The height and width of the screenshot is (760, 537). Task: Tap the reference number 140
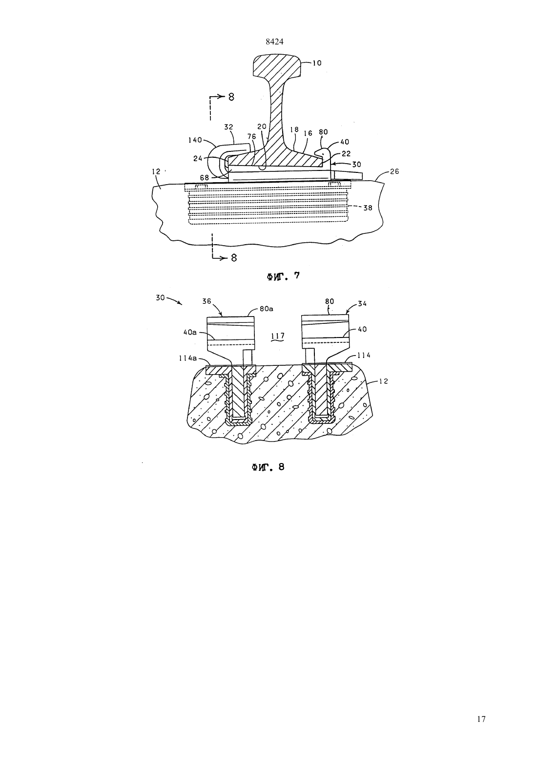[x=195, y=140]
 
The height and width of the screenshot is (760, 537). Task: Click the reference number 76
[x=251, y=136]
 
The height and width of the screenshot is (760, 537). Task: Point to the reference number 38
[x=368, y=208]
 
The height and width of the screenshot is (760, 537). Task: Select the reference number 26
[x=394, y=171]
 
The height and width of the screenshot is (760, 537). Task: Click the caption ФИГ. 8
[x=268, y=467]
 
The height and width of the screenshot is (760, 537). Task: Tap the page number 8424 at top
[x=274, y=42]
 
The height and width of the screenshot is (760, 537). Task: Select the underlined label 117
[x=278, y=336]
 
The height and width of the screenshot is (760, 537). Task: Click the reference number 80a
[x=267, y=309]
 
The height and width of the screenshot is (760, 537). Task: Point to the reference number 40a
[x=190, y=333]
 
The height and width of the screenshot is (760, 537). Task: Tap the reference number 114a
[x=188, y=359]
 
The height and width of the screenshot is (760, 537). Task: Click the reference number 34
[x=362, y=304]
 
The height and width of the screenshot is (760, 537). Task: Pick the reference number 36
[x=207, y=301]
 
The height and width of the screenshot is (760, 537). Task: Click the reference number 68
[x=205, y=178]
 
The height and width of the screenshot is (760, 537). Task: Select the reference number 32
[x=229, y=127]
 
